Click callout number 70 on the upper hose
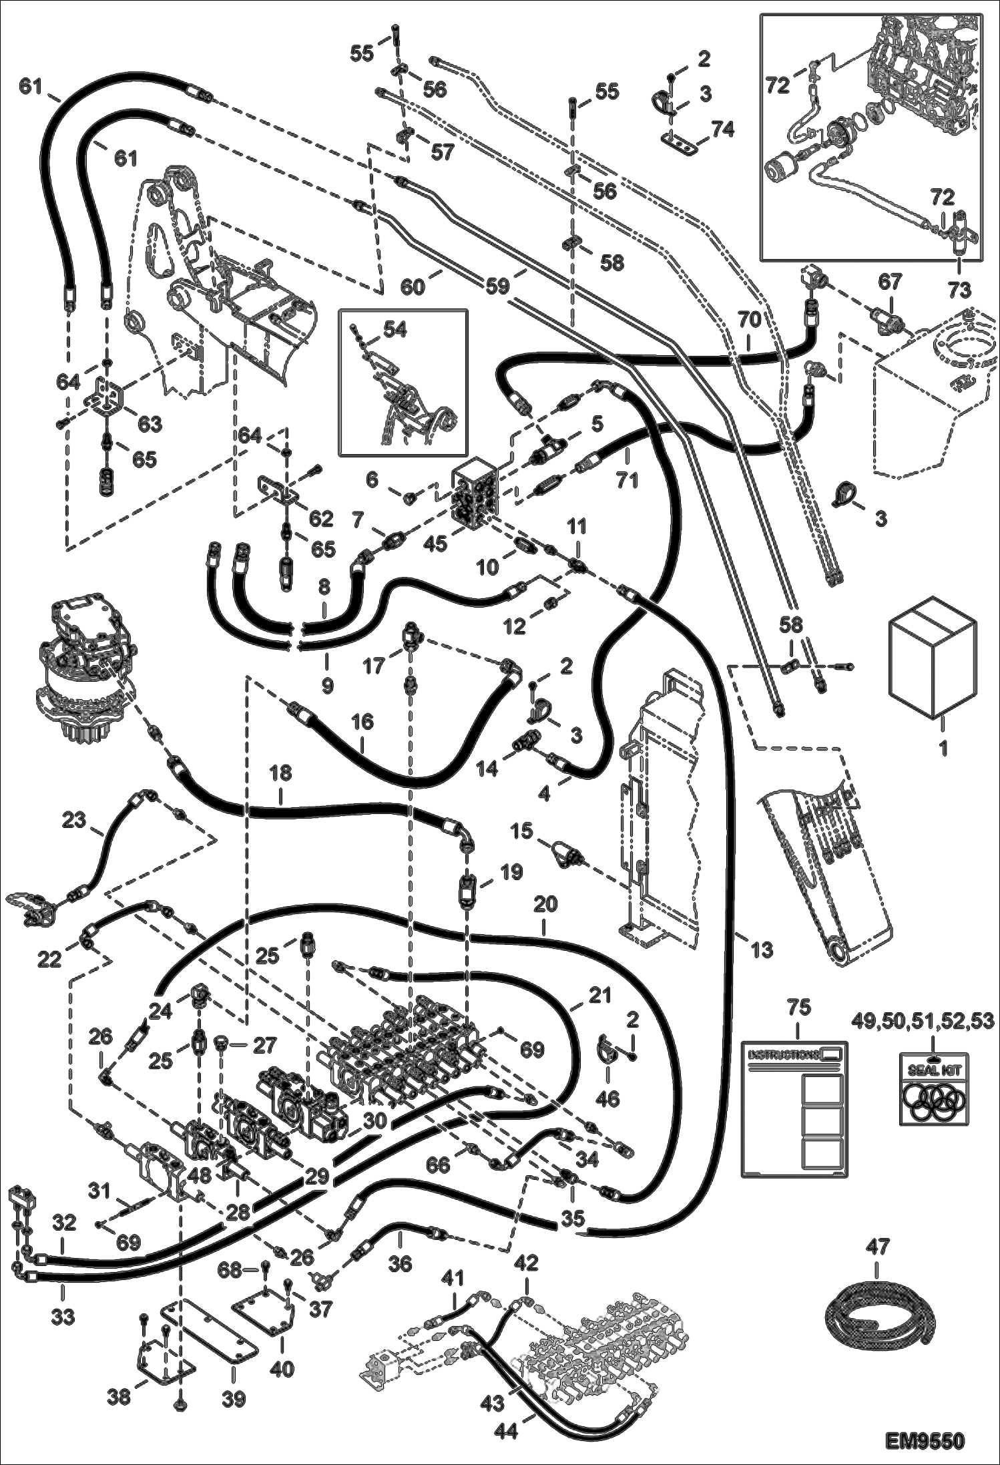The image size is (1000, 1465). pos(749,320)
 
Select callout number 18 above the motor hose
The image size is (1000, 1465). pos(281,773)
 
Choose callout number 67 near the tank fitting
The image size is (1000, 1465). pos(889,281)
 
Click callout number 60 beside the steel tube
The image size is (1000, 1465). pos(413,287)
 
